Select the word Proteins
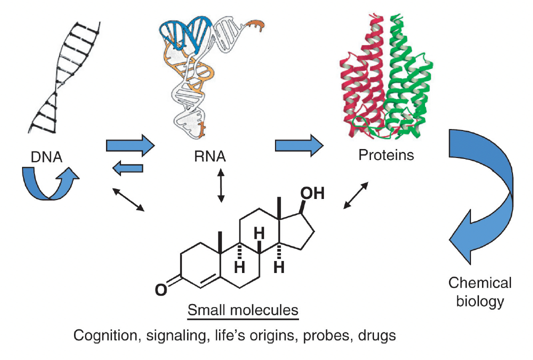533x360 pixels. click(x=386, y=154)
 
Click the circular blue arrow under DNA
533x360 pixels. click(x=50, y=183)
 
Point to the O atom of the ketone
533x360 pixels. click(x=160, y=289)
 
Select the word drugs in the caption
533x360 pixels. click(x=377, y=335)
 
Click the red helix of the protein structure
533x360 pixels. click(x=360, y=75)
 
